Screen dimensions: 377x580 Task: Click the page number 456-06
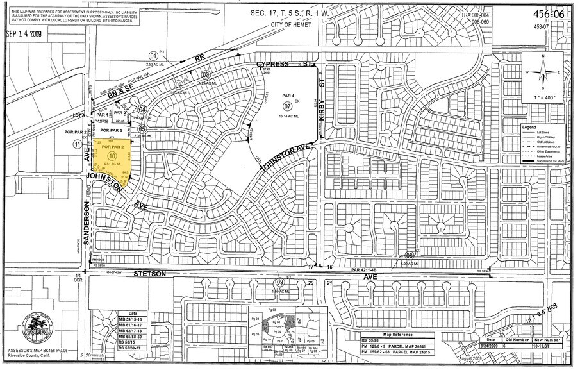coord(552,14)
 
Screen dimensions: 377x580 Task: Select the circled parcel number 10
coord(112,155)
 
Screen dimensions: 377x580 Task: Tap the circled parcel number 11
coord(78,145)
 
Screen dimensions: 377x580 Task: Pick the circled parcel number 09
coord(279,282)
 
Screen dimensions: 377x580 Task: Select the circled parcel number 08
coord(409,255)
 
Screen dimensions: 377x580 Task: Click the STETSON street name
coord(149,274)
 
